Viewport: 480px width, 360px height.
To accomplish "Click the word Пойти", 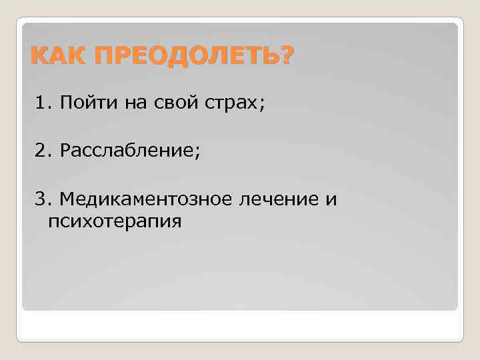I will click(81, 104).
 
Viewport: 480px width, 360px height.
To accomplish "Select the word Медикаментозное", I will click(140, 199).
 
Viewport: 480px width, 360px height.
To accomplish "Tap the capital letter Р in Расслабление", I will click(65, 151).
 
